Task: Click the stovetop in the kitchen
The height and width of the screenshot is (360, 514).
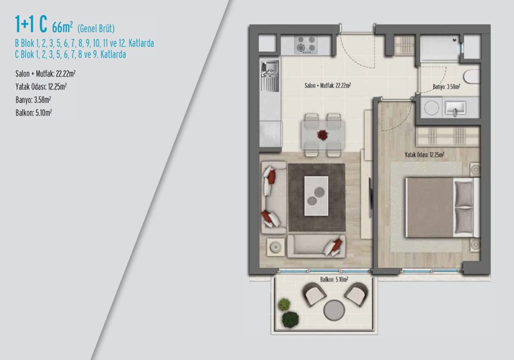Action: click(x=306, y=44)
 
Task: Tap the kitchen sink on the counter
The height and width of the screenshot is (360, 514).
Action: click(x=270, y=76)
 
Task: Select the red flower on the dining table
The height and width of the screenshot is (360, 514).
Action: click(x=323, y=135)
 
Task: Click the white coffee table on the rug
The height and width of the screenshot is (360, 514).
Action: click(x=316, y=195)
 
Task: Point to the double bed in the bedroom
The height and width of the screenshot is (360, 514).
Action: click(x=443, y=207)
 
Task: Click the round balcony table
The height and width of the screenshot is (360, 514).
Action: click(x=334, y=310)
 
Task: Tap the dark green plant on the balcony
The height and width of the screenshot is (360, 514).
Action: click(x=290, y=319)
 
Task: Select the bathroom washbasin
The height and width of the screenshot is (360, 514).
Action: click(x=454, y=107)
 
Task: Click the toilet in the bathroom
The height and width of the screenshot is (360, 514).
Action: click(x=472, y=77)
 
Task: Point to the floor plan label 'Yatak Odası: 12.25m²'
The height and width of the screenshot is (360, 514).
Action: click(x=424, y=154)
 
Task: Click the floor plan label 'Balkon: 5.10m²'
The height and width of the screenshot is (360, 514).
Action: click(x=334, y=280)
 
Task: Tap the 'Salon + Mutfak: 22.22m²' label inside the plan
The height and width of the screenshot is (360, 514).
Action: click(x=328, y=85)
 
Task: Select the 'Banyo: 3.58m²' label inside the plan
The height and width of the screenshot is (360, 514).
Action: click(x=446, y=87)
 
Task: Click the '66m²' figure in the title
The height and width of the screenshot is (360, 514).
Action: click(x=62, y=27)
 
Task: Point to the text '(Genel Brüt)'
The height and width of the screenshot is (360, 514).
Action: click(x=96, y=28)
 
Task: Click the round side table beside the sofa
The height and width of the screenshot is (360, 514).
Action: click(x=276, y=247)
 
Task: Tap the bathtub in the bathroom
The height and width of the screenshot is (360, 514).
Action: click(x=439, y=48)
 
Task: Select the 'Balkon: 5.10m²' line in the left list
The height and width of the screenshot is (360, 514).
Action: click(x=33, y=113)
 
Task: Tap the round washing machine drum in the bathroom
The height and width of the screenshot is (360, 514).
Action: click(x=431, y=107)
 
